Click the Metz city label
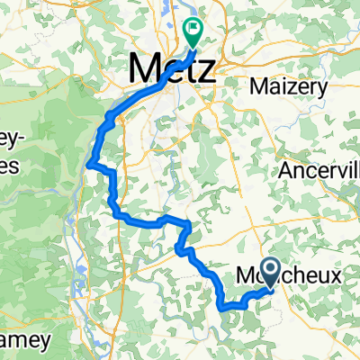point(173,68)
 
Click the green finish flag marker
point(193,33)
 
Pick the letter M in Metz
point(144,68)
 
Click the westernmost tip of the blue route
point(88,163)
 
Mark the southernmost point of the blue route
point(222,308)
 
